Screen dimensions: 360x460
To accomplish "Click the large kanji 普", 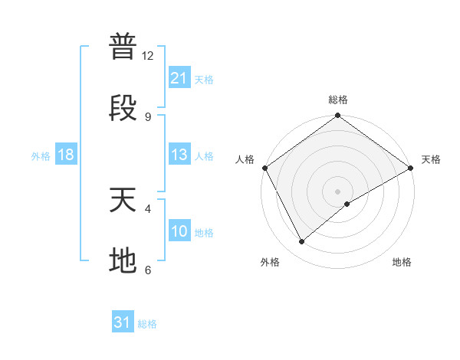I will pyautogui.click(x=123, y=47).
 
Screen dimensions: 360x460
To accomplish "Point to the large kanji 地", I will pyautogui.click(x=123, y=260).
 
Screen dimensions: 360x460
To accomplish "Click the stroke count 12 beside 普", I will pyautogui.click(x=148, y=56).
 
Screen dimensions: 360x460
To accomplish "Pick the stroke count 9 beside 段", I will pyautogui.click(x=148, y=116).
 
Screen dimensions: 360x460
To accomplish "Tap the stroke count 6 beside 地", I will pyautogui.click(x=148, y=270).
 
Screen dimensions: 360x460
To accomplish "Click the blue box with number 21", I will pyautogui.click(x=179, y=78).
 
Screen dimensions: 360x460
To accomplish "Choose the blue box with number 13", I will pyautogui.click(x=179, y=155).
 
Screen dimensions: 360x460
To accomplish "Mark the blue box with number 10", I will pyautogui.click(x=179, y=231).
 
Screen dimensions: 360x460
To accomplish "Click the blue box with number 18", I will pyautogui.click(x=66, y=155).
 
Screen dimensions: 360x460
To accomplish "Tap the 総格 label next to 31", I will pyautogui.click(x=147, y=324).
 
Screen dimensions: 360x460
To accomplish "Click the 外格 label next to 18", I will pyautogui.click(x=41, y=156).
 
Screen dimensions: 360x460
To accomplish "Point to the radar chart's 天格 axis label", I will pyautogui.click(x=431, y=159).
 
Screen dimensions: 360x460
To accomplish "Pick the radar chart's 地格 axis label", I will pyautogui.click(x=402, y=262).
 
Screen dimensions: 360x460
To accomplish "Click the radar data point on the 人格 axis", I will pyautogui.click(x=264, y=168).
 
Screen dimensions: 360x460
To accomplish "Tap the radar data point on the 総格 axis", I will pyautogui.click(x=337, y=116).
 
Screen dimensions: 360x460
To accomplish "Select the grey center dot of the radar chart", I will pyautogui.click(x=337, y=191).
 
